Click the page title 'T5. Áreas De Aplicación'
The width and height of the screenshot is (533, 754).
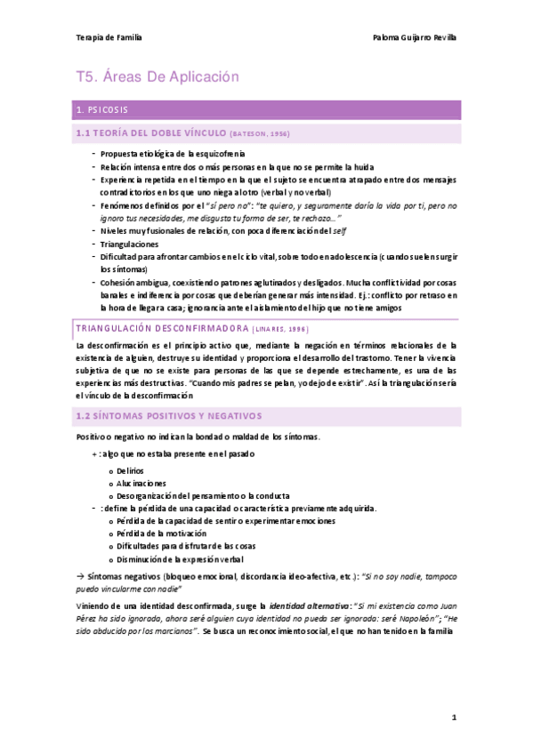click(x=157, y=77)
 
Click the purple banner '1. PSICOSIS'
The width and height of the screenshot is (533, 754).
click(x=104, y=110)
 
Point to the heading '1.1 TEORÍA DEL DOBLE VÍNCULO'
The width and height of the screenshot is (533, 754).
click(x=151, y=133)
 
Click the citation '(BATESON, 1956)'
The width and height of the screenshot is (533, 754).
click(x=259, y=134)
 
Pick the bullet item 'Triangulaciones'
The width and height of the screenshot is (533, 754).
click(x=129, y=244)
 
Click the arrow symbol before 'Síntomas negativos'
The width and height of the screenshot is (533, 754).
click(x=80, y=576)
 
